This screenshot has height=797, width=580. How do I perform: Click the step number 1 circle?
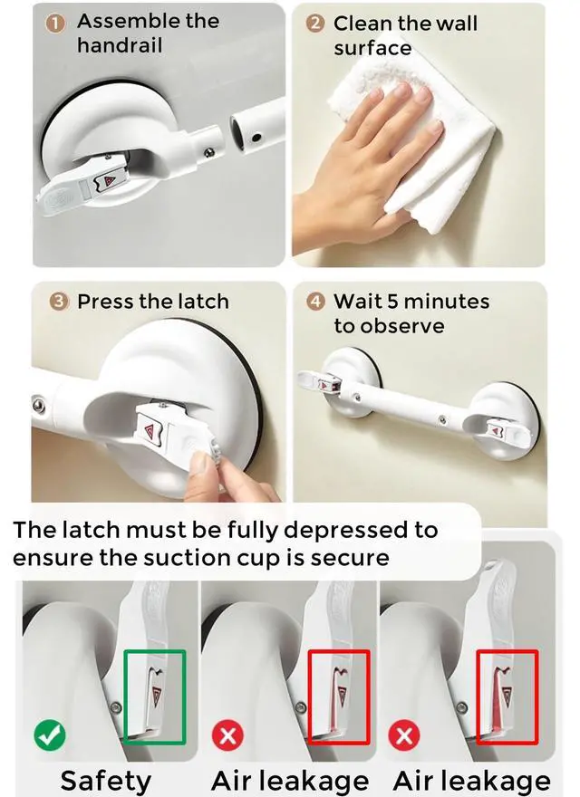(55, 24)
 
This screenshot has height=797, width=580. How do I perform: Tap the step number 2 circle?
(315, 23)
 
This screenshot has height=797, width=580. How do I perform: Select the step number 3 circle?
(59, 302)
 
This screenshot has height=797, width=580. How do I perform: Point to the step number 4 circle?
(316, 302)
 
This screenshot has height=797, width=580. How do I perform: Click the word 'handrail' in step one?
(120, 46)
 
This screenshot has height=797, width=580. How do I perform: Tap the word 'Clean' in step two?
(363, 24)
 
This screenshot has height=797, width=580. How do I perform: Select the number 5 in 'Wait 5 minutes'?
(392, 302)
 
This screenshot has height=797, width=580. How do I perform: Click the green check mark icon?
(49, 735)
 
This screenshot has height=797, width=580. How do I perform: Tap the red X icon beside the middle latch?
(227, 735)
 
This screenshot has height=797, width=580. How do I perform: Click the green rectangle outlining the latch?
(155, 651)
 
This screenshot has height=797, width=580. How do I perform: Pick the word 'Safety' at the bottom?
(106, 781)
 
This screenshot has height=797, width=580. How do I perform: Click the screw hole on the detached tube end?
(256, 138)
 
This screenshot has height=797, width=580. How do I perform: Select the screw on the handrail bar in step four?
(442, 419)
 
